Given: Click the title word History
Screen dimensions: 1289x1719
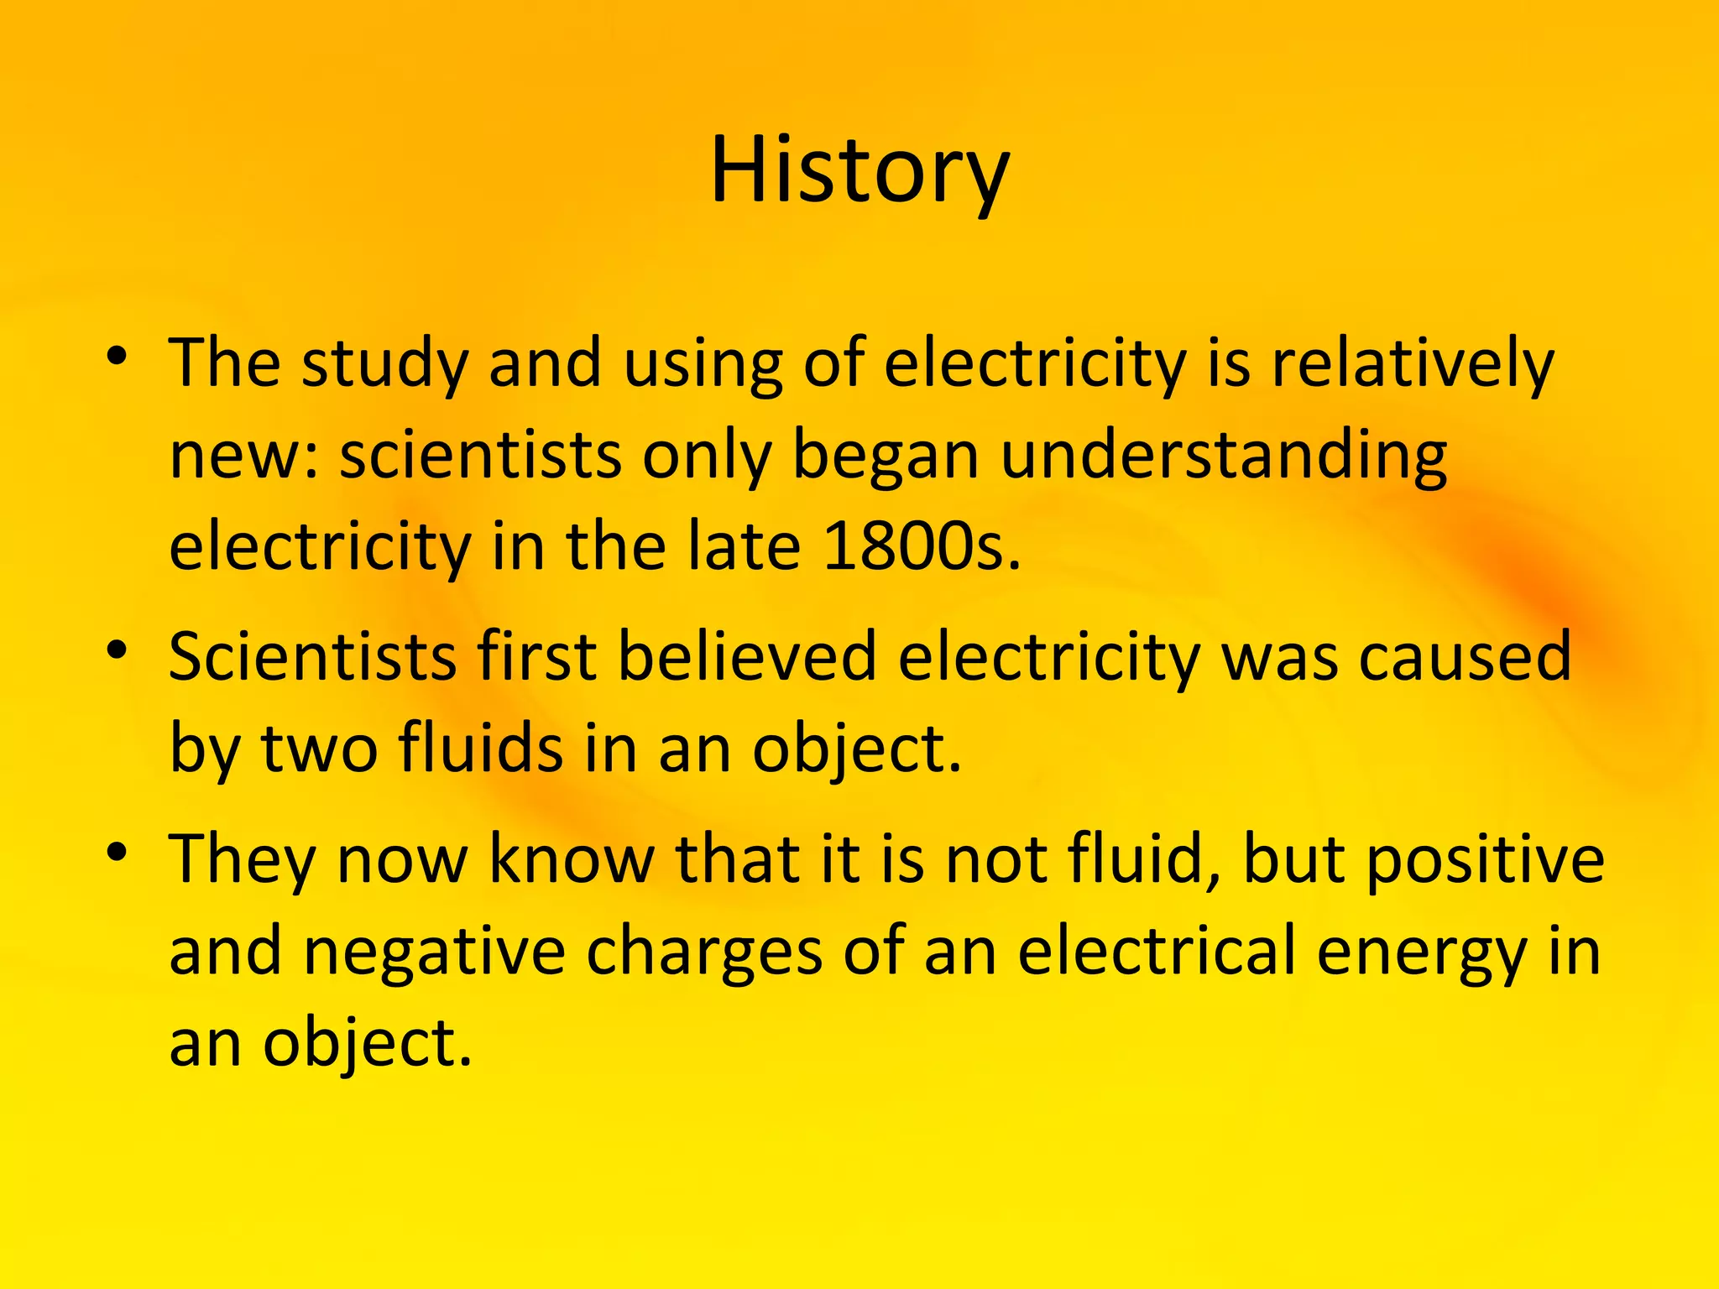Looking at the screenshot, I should click(x=859, y=172).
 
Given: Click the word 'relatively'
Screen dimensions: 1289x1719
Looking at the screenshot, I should click(x=1413, y=365).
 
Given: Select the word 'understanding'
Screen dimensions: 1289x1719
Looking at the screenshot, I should click(x=1224, y=457).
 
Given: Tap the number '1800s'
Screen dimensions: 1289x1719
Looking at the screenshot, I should click(x=922, y=547).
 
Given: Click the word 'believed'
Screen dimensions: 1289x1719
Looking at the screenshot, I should click(x=747, y=656).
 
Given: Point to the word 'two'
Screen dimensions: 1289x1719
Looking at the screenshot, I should click(x=319, y=749).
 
